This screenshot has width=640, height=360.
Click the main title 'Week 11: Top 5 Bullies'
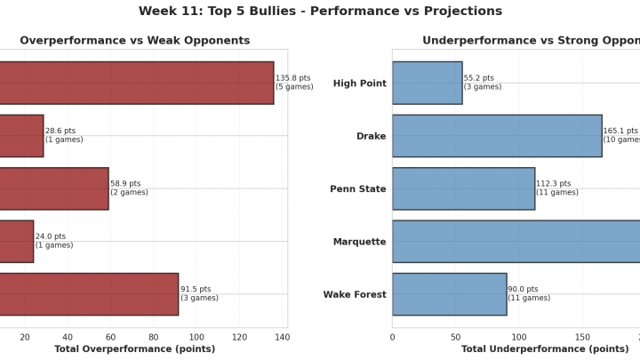click(x=320, y=12)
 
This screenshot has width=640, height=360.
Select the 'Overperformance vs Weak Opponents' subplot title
click(x=135, y=41)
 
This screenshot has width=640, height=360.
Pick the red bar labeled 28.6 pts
click(x=21, y=136)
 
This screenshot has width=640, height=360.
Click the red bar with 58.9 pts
click(x=53, y=188)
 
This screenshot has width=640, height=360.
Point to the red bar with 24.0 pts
click(x=16, y=241)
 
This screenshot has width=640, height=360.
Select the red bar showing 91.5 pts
click(x=89, y=294)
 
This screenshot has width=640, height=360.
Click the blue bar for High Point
click(x=427, y=83)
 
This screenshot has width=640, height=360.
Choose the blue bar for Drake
click(x=497, y=136)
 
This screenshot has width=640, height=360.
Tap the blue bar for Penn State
click(x=463, y=188)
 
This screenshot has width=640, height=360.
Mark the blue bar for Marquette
click(x=516, y=241)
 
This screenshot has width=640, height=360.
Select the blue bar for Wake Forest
click(x=449, y=294)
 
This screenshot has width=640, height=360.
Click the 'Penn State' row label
click(x=358, y=189)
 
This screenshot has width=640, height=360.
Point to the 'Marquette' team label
click(x=359, y=242)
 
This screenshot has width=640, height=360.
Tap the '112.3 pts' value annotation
click(x=554, y=184)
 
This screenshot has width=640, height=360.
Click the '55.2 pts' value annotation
click(x=479, y=78)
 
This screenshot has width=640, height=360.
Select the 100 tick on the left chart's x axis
click(x=196, y=337)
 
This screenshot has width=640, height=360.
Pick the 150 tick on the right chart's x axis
click(x=581, y=337)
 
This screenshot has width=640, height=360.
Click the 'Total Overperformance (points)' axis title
click(x=135, y=349)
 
